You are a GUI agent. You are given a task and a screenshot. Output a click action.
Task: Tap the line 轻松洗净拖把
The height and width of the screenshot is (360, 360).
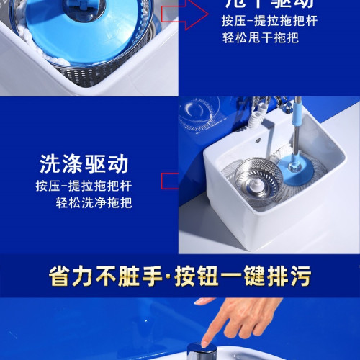[x=95, y=202]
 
